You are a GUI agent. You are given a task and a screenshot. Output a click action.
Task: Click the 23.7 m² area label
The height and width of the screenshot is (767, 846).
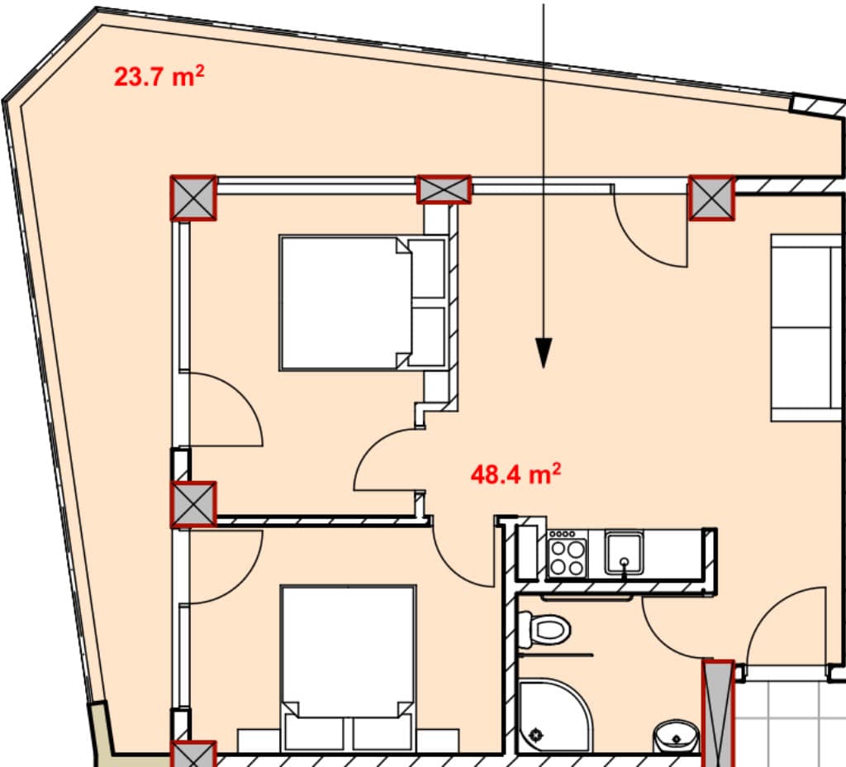pos(159,77)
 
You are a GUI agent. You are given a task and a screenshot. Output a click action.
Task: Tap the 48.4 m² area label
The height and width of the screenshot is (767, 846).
pos(516,474)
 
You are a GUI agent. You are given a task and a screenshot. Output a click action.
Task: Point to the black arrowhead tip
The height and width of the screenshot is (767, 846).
pos(544,364)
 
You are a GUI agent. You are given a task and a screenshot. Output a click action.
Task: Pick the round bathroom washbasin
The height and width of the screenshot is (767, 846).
pos(675,735)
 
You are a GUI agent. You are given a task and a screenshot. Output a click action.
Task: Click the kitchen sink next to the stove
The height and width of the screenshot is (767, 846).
pos(624,552)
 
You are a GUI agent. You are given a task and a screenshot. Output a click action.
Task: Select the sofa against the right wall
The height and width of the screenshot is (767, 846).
pos(806,326)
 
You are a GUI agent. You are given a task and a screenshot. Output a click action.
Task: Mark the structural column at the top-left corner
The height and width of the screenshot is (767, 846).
pos(193,198)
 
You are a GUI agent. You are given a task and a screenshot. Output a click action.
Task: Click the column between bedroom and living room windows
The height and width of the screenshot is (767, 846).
pos(444,189)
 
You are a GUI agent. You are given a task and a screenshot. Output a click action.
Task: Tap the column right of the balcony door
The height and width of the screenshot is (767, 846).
pos(711,198)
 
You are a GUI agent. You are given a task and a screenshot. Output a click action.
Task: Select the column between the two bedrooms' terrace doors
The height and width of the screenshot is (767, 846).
pos(193,504)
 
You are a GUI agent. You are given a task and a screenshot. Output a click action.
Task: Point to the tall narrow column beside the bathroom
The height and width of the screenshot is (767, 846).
pos(717,711)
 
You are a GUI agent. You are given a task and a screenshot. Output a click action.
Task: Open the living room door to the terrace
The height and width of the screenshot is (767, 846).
pos(653,231)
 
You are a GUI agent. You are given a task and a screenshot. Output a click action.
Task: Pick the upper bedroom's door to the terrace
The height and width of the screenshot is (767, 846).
pos(223,409)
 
